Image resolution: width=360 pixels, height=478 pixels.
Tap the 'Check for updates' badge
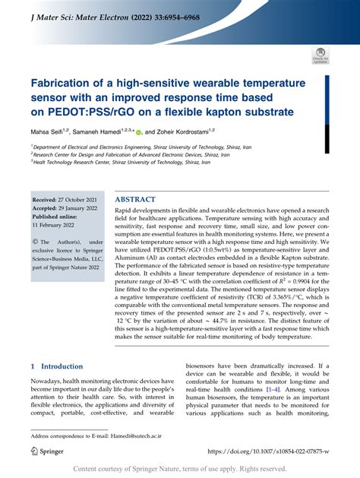(320, 55)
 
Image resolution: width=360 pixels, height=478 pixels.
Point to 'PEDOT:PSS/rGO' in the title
(84, 112)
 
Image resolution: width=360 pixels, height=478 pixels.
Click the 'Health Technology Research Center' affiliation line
(122, 161)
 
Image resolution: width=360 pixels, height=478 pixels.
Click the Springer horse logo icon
(35, 451)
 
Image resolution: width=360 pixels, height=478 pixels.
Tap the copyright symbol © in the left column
(34, 242)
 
